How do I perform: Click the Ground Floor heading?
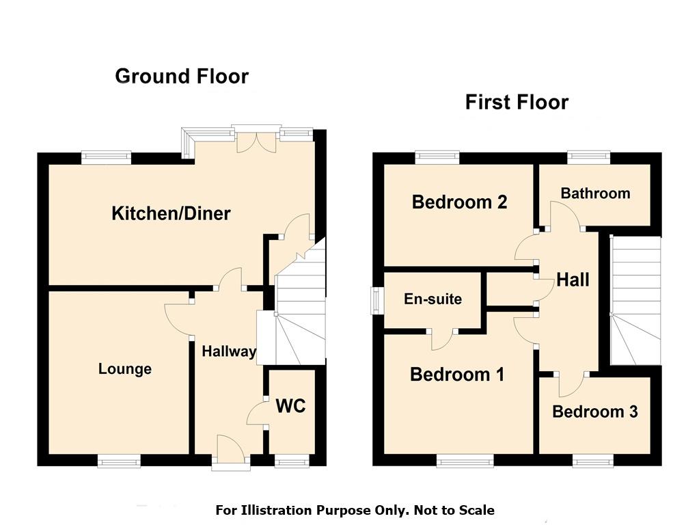tap(182, 77)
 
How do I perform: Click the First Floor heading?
tap(517, 102)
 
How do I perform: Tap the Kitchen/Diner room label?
tap(172, 213)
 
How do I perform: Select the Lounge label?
tap(125, 369)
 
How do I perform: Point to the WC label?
tap(290, 406)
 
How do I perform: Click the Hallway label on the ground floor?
tap(229, 351)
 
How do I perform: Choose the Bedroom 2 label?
tap(460, 202)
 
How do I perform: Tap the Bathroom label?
tap(596, 193)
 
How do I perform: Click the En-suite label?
tap(433, 299)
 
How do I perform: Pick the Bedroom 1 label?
tap(457, 374)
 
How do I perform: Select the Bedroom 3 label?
tap(595, 412)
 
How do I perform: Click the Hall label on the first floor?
tap(573, 280)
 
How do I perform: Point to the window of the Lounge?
tap(119, 461)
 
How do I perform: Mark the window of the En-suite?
tap(378, 300)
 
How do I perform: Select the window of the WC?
tap(292, 461)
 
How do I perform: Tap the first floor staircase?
tap(635, 300)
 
